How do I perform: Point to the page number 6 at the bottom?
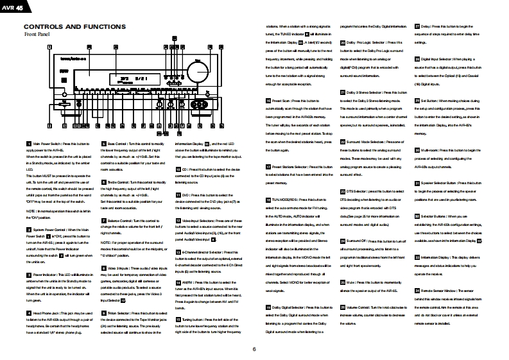[254, 349]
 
